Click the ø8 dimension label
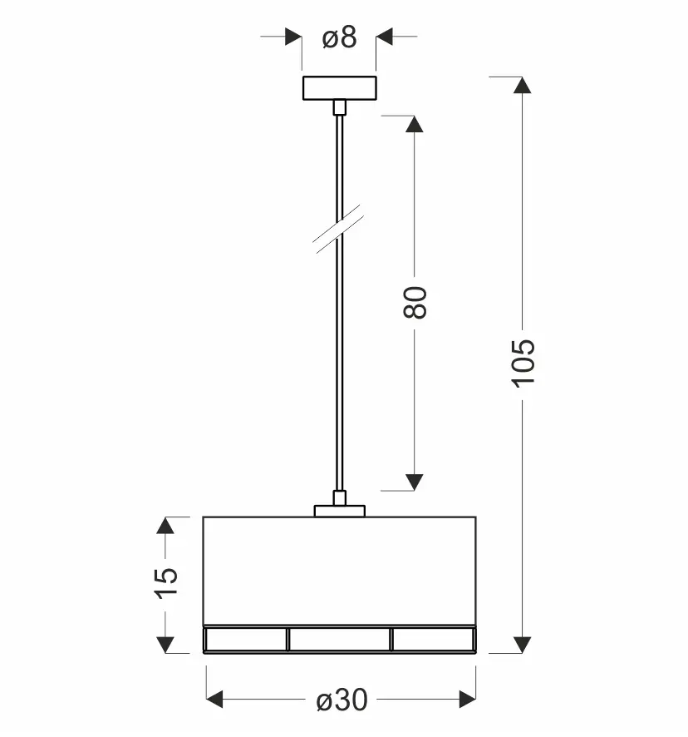(x=339, y=37)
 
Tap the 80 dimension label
(x=415, y=303)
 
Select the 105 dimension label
(x=523, y=364)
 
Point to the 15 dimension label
(x=166, y=583)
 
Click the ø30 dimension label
(x=342, y=700)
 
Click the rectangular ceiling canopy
(x=340, y=88)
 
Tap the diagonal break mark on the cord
(x=339, y=229)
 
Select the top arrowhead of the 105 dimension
(x=522, y=85)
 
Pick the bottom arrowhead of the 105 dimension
(x=522, y=645)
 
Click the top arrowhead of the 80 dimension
(x=414, y=124)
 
